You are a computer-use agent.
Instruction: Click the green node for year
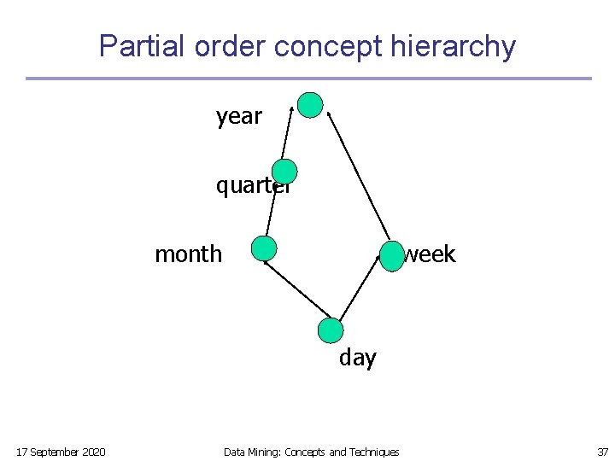[x=310, y=105]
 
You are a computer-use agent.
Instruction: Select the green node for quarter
[x=284, y=172]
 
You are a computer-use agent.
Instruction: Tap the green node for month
[x=265, y=248]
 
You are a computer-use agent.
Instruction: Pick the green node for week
[x=391, y=256]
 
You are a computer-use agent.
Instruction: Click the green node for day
[x=330, y=330]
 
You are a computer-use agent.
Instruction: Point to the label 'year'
[x=239, y=116]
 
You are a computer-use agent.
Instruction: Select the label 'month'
[x=188, y=254]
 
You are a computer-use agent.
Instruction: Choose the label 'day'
[x=357, y=358]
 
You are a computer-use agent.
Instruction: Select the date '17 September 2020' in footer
[x=61, y=452]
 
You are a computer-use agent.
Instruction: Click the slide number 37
[x=602, y=452]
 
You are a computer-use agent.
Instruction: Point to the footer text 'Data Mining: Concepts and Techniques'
[x=311, y=452]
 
